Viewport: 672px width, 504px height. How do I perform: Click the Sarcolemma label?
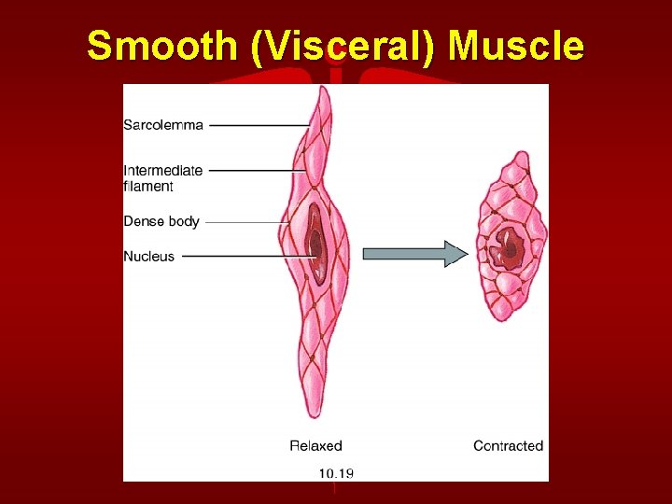[163, 125]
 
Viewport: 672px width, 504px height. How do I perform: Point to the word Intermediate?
[163, 171]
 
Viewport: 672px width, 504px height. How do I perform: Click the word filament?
[148, 186]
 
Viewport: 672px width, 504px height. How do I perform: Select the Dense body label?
[161, 221]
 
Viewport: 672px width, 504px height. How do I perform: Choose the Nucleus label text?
[149, 256]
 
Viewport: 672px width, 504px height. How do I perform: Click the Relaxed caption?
[315, 446]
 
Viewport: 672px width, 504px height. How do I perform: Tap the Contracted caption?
[508, 446]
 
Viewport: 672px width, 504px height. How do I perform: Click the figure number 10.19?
[336, 472]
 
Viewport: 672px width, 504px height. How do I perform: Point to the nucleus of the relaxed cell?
[315, 245]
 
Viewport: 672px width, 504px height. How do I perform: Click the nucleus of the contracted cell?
[510, 247]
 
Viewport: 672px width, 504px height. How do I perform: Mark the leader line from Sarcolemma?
[259, 125]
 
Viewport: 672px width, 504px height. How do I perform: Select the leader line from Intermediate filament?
[252, 171]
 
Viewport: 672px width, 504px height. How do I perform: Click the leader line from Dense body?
[245, 222]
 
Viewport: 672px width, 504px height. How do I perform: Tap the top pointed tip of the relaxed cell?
[324, 88]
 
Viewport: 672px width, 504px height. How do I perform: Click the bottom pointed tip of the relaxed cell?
[306, 416]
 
